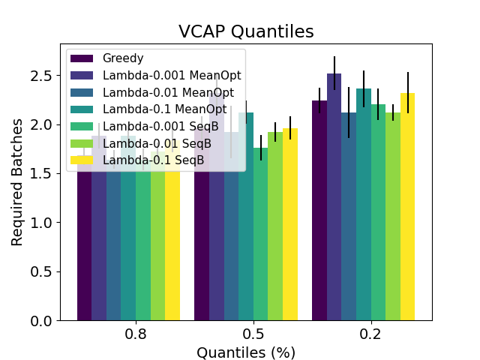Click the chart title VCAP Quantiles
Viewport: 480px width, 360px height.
pos(245,31)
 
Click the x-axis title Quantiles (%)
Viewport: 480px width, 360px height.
pos(245,352)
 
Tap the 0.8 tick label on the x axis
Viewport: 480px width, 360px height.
pos(136,333)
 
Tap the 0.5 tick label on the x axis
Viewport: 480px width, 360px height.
pos(253,333)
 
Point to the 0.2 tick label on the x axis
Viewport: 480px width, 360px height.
pos(370,333)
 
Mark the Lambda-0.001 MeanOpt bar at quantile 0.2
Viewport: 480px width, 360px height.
pos(334,202)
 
